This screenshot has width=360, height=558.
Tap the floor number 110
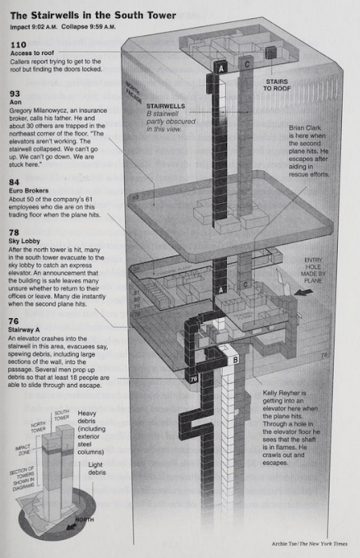click(x=18, y=44)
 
